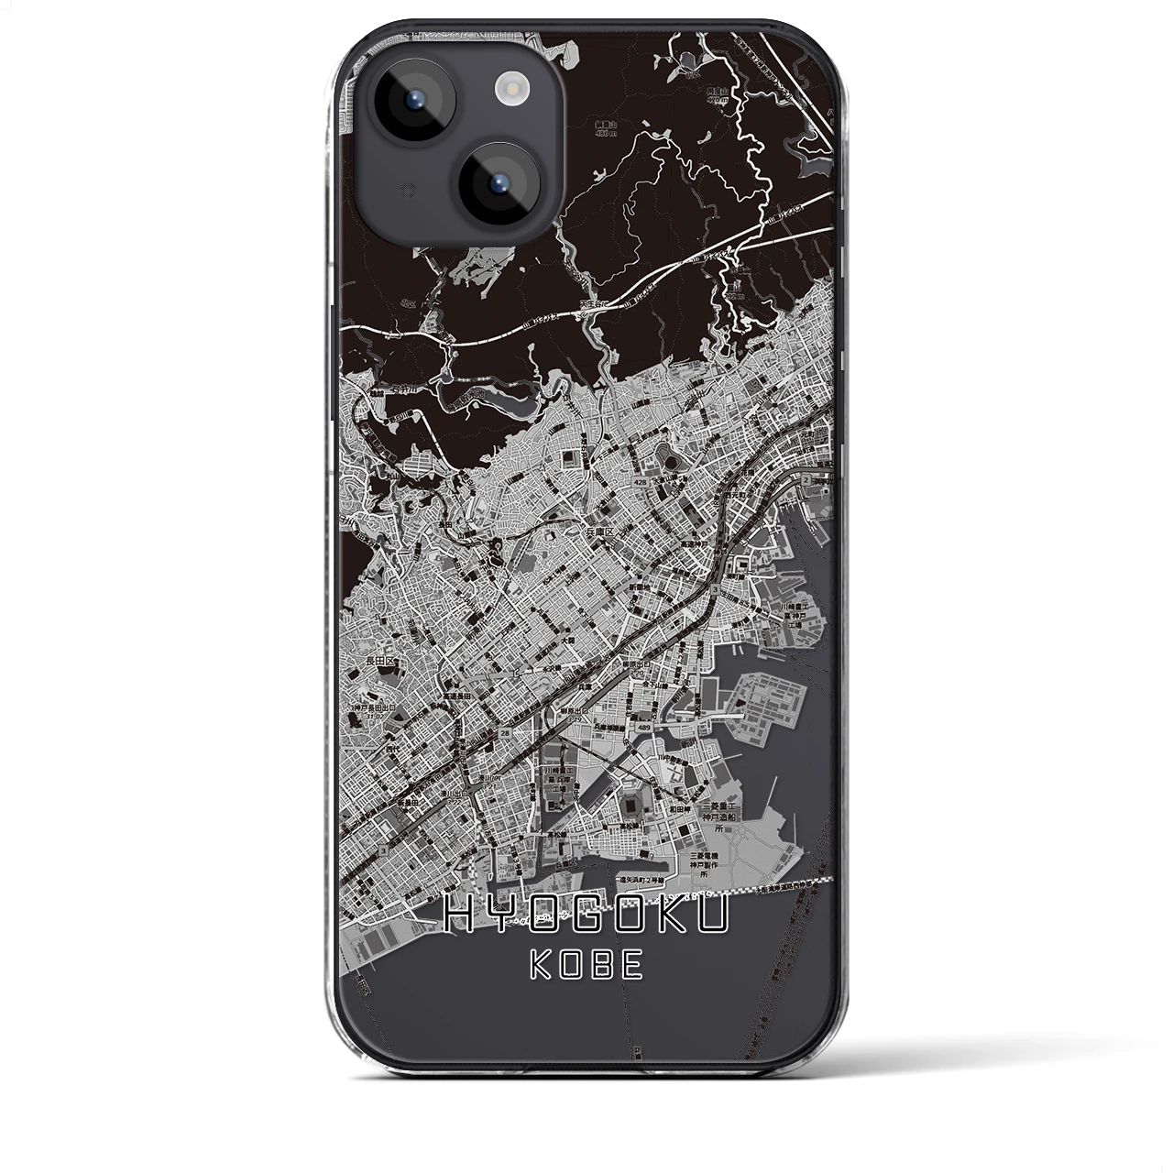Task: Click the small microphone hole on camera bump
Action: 383,189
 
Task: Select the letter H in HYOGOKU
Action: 459,915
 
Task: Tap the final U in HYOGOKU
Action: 714,915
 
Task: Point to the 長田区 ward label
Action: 377,660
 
